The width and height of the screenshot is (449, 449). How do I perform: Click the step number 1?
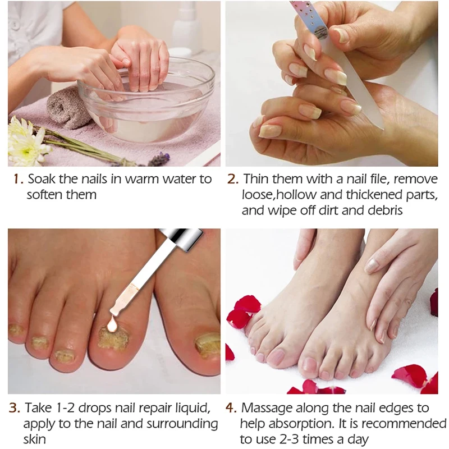point(18,179)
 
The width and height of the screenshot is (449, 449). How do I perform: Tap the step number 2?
point(232,179)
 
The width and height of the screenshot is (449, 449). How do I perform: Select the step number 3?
point(15,408)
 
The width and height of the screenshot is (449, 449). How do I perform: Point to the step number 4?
point(231,408)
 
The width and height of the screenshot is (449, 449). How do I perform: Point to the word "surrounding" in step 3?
point(182,424)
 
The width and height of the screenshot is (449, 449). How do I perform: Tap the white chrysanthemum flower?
point(25,140)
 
